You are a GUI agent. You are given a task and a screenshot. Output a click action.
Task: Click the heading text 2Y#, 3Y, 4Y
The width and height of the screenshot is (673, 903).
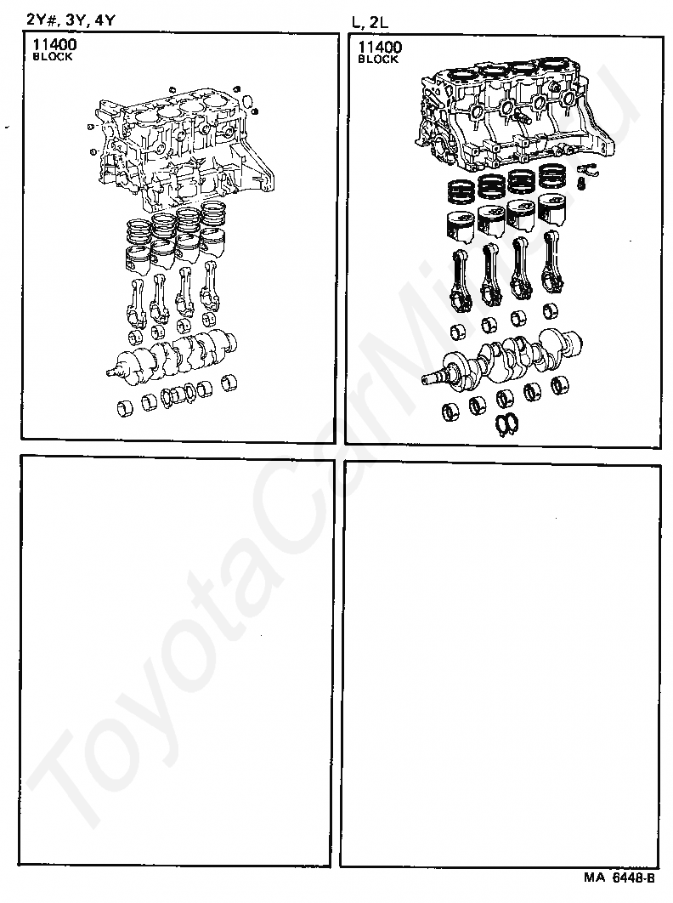[71, 20]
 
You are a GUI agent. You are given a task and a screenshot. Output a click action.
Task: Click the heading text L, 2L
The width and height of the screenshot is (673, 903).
[370, 22]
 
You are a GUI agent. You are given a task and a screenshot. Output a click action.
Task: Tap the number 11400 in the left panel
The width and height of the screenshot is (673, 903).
[54, 44]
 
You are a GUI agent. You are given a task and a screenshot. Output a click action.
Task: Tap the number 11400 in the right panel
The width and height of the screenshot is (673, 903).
[379, 47]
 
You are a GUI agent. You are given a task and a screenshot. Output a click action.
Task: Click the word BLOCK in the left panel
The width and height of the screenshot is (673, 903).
[53, 56]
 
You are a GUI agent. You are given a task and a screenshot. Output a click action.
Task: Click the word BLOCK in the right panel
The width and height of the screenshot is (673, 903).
[377, 60]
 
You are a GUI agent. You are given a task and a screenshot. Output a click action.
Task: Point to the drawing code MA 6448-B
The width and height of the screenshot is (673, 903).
[619, 877]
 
